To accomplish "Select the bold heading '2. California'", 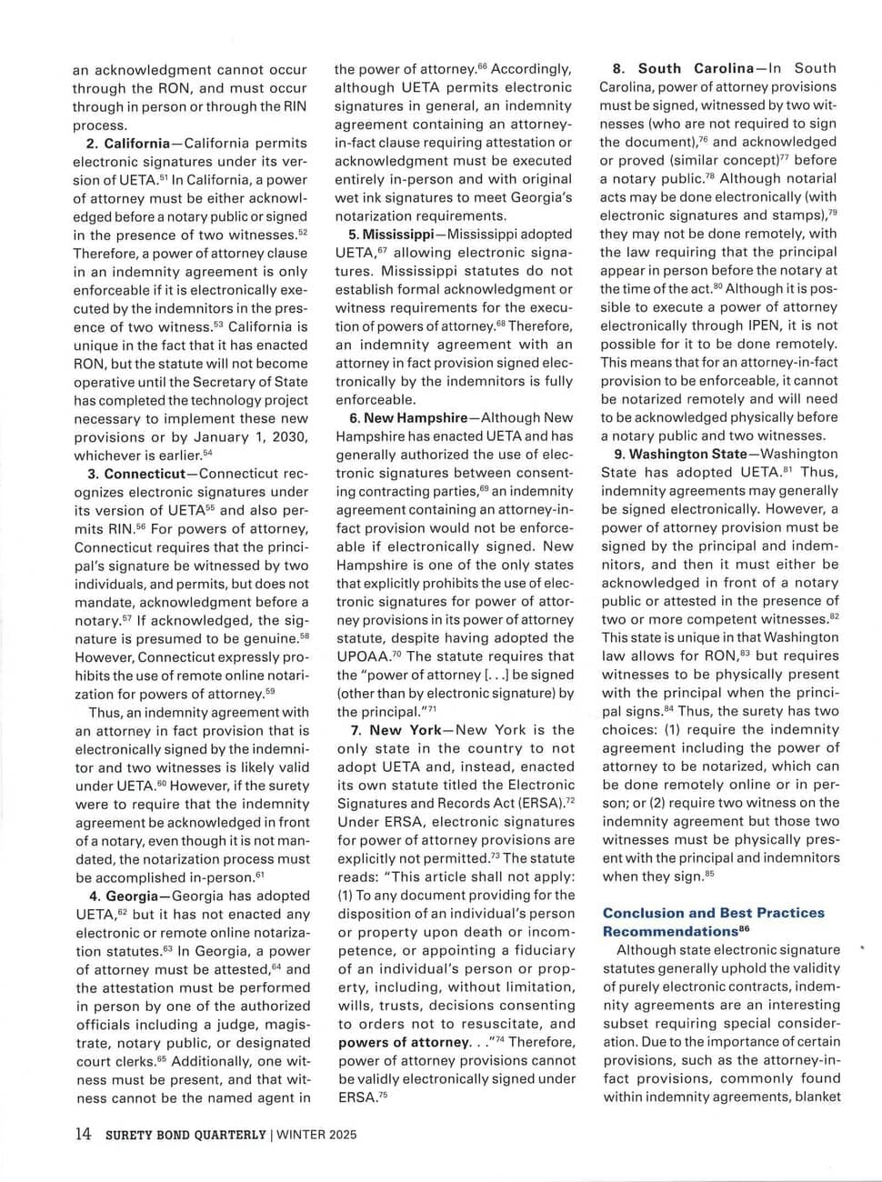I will click(128, 144).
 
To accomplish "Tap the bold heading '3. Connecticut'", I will click(136, 474).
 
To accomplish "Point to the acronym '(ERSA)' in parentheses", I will click(537, 803).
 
